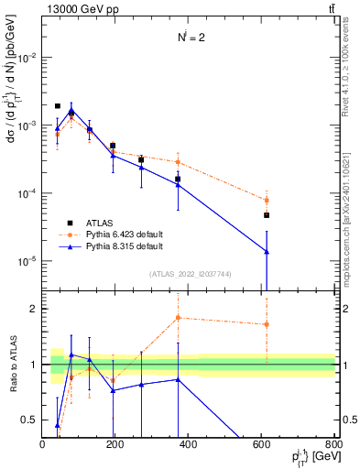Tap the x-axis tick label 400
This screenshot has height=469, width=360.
coord(189,444)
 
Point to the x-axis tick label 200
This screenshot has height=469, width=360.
coord(115,444)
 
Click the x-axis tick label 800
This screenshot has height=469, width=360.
coord(334,444)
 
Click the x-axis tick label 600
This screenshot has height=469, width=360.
coord(262,444)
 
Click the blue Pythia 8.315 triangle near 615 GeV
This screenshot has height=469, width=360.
coord(267,252)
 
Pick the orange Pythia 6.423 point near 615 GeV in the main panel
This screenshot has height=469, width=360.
coord(267,200)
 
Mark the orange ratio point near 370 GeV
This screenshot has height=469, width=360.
coord(178,318)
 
